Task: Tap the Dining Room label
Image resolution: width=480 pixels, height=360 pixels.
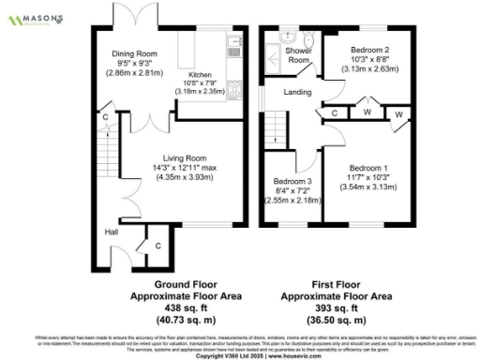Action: point(133,53)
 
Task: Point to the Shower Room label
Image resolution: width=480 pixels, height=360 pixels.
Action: point(297,54)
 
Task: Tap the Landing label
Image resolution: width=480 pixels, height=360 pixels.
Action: point(297,92)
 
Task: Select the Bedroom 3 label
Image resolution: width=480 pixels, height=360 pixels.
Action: point(292,181)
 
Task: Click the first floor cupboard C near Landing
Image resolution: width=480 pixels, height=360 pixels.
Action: point(334,113)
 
